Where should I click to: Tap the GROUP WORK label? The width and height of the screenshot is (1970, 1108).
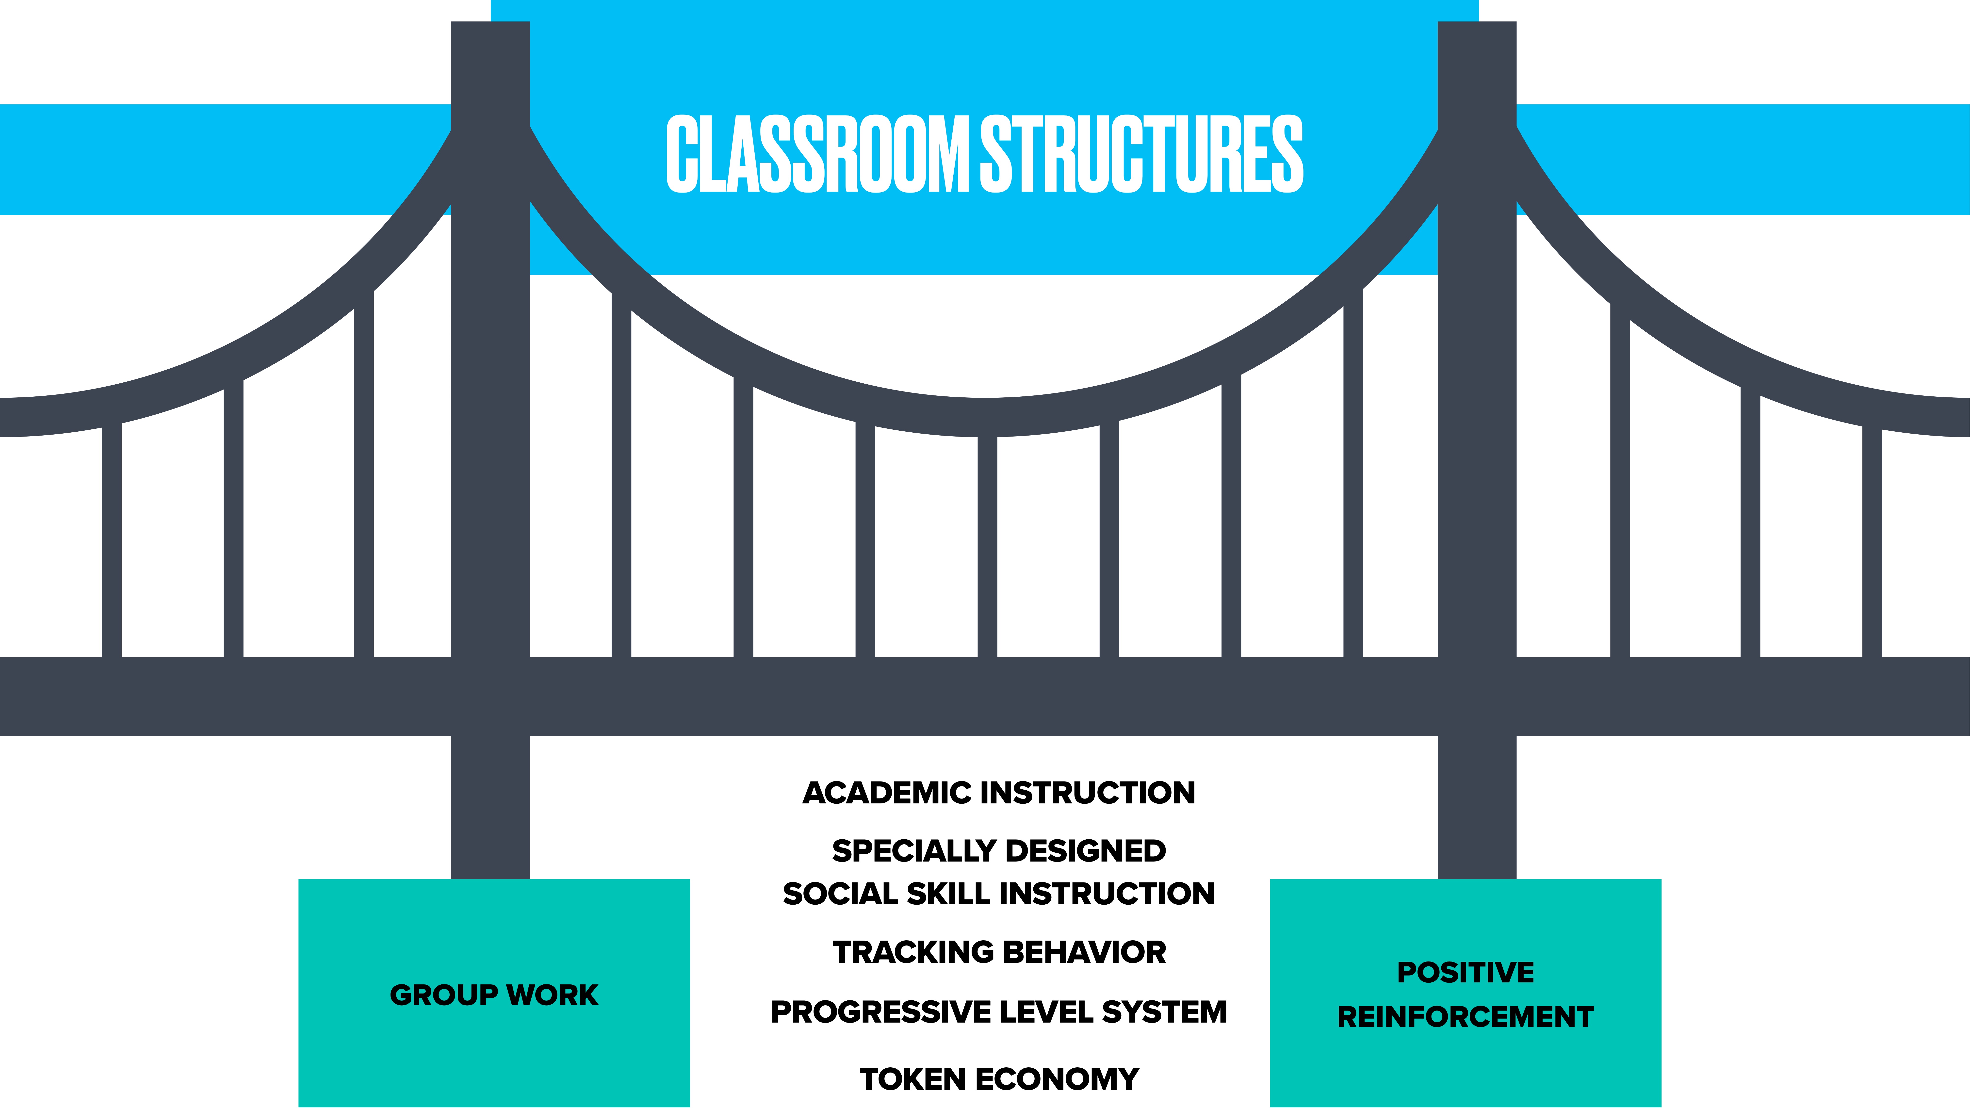point(494,995)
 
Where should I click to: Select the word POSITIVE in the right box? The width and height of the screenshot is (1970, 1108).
point(1465,972)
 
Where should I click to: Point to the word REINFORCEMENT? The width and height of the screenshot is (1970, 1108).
point(1465,1016)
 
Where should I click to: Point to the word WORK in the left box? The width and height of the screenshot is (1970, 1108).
point(552,995)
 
